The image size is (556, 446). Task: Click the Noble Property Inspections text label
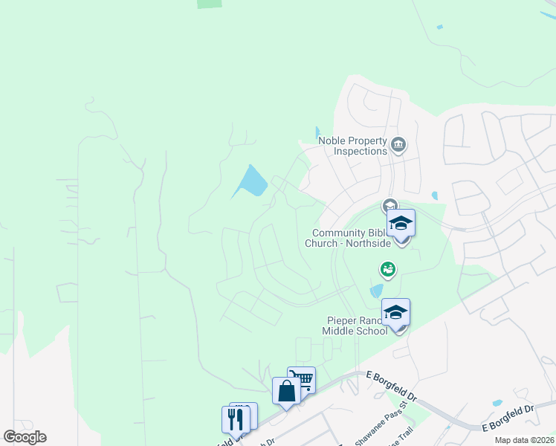pyautogui.click(x=352, y=146)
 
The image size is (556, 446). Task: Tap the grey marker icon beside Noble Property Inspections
pyautogui.click(x=398, y=144)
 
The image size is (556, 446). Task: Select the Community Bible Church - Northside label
pyautogui.click(x=348, y=238)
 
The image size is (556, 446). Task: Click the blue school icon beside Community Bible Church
pyautogui.click(x=401, y=224)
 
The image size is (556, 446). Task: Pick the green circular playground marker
pyautogui.click(x=387, y=268)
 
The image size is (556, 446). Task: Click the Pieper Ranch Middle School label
pyautogui.click(x=355, y=326)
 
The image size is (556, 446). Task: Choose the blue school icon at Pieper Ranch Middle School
pyautogui.click(x=396, y=314)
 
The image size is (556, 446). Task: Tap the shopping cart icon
pyautogui.click(x=302, y=380)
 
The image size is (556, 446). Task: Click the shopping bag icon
pyautogui.click(x=286, y=391)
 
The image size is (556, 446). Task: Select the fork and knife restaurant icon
pyautogui.click(x=236, y=418)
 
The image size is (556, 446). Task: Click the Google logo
pyautogui.click(x=25, y=437)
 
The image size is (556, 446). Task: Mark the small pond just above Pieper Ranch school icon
pyautogui.click(x=377, y=290)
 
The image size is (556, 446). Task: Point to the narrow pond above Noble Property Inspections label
pyautogui.click(x=318, y=132)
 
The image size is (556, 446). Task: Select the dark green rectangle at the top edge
pyautogui.click(x=210, y=4)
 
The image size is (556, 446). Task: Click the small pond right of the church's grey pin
pyautogui.click(x=434, y=196)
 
